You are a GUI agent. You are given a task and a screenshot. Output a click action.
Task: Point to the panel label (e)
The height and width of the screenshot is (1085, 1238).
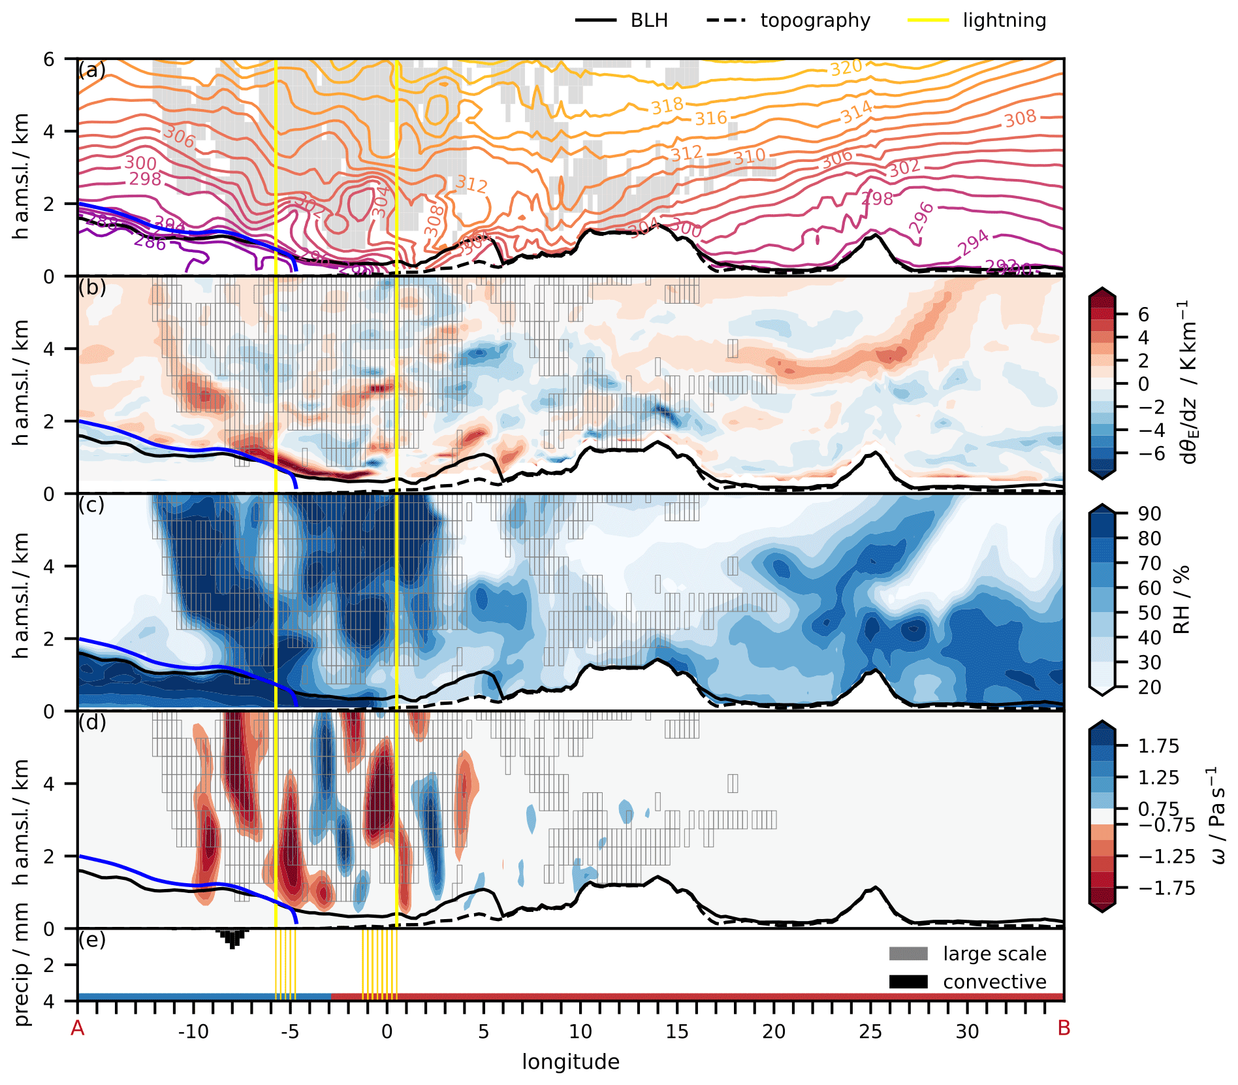(91, 940)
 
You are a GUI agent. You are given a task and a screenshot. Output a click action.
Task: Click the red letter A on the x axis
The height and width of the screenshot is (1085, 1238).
(78, 1029)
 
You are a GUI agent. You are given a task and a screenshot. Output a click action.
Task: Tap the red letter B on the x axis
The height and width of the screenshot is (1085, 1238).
(1064, 1029)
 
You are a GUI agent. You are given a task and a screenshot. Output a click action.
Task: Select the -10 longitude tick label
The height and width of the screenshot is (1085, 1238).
(193, 1032)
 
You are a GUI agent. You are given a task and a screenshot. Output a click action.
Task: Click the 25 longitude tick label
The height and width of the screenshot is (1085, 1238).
(870, 1032)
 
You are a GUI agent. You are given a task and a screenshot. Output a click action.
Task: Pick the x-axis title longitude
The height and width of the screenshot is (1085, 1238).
(571, 1062)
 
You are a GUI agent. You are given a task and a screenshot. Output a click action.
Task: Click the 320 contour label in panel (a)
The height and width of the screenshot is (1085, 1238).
(846, 67)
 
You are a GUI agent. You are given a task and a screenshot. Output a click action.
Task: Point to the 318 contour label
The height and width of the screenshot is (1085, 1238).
(667, 105)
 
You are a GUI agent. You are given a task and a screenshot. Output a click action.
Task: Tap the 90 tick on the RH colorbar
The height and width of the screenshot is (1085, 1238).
(1150, 514)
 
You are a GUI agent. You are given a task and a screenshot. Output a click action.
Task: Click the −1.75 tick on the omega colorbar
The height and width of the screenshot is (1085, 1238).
(1167, 888)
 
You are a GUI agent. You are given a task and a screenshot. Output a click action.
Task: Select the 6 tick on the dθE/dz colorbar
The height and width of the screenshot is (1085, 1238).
(1143, 315)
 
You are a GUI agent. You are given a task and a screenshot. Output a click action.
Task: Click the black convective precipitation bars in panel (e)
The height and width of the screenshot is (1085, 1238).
(232, 937)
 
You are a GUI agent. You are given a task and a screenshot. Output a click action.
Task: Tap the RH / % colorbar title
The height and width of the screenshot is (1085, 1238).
(1182, 600)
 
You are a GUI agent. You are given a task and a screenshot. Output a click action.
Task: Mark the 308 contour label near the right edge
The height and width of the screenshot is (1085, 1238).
(1020, 118)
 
